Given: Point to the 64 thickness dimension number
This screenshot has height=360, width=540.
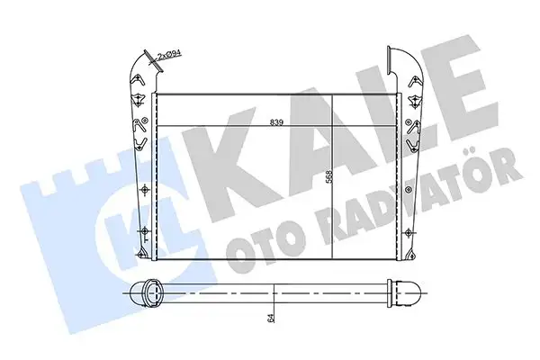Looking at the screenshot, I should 270,318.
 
